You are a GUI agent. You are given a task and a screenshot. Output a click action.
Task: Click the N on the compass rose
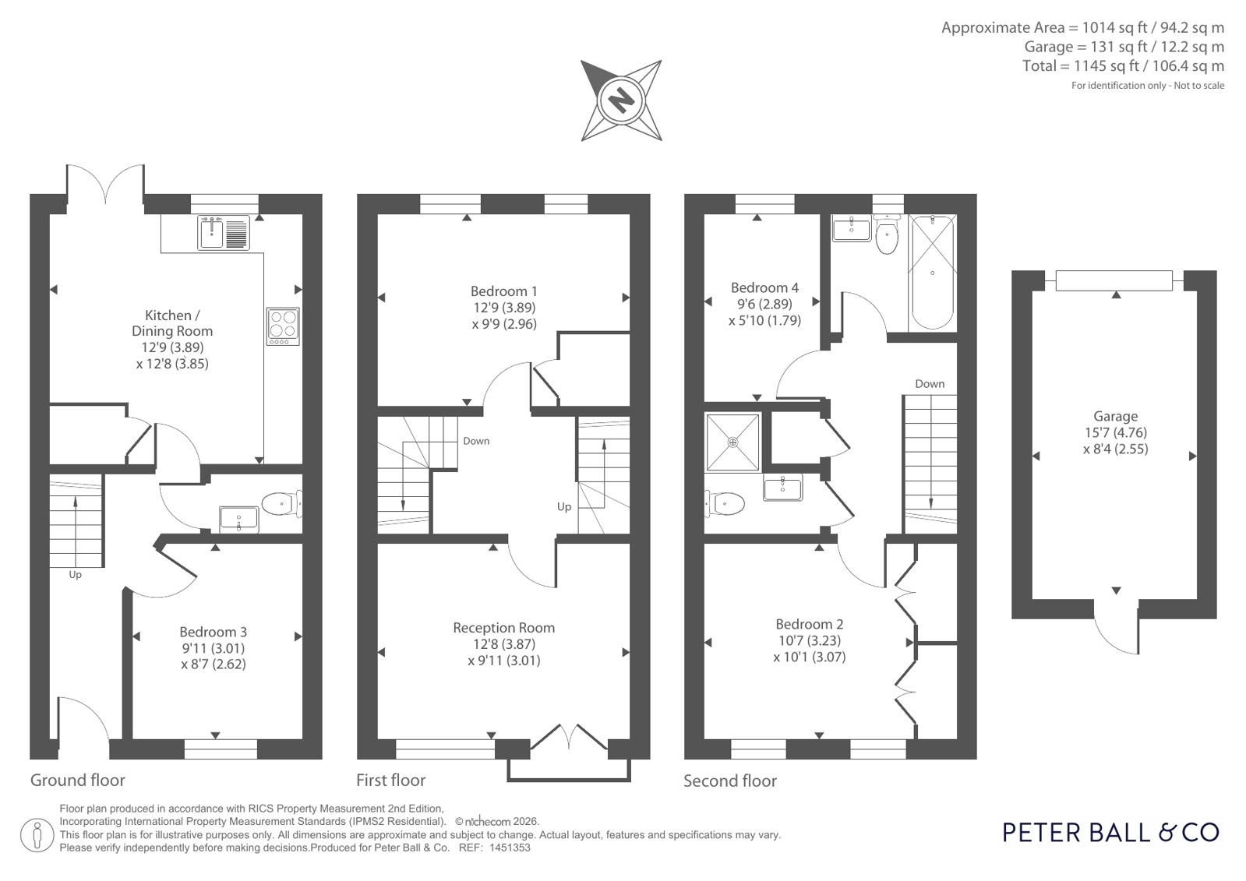coord(621,101)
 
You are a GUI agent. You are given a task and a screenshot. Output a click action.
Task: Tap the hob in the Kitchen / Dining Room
coord(283,326)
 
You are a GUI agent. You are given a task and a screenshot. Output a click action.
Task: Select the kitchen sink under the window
coord(224,232)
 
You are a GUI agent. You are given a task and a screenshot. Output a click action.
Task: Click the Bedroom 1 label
coord(504,291)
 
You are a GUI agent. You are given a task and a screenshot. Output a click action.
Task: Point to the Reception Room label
coord(504,627)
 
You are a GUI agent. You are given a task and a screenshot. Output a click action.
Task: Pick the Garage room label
coord(1115,416)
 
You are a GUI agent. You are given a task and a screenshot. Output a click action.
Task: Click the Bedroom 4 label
coord(764,287)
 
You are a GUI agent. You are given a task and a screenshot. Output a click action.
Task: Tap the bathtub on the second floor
coord(932,272)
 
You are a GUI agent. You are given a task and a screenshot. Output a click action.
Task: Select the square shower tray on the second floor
coord(732,442)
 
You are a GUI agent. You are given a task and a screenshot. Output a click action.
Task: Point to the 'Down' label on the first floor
coord(476,441)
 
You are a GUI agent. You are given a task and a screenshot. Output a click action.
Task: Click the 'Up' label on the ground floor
coord(75,575)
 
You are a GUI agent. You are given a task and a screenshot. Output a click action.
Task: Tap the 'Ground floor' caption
coord(78,781)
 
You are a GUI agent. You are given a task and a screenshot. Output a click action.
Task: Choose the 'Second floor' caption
coord(730,781)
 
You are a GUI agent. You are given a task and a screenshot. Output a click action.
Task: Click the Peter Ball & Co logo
coord(1111,833)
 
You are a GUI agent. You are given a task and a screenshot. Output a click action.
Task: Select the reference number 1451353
coord(510,848)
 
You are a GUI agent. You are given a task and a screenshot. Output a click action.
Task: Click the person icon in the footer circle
coord(37,835)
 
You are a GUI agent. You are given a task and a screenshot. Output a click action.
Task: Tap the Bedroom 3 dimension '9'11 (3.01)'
coord(213,648)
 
